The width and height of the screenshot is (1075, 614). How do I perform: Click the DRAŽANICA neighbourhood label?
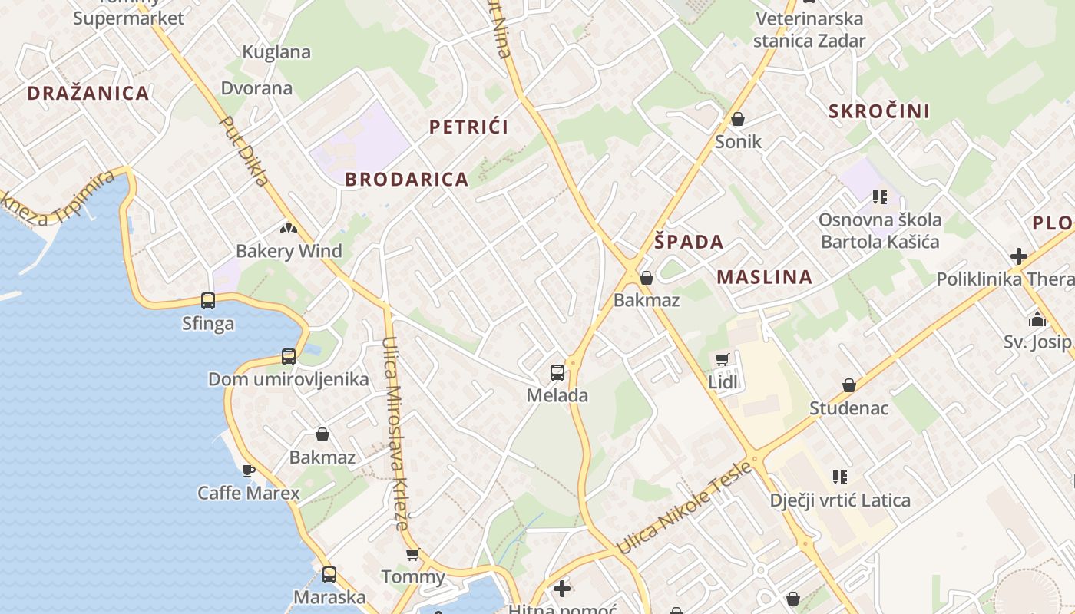click(x=88, y=94)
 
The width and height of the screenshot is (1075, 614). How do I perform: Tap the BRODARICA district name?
click(x=406, y=180)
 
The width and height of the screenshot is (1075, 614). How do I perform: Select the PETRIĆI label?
click(x=468, y=127)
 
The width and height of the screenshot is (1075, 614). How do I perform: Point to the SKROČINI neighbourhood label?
click(x=879, y=111)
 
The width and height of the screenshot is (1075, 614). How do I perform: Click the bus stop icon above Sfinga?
click(x=208, y=300)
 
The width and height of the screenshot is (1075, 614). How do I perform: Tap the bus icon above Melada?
click(x=557, y=373)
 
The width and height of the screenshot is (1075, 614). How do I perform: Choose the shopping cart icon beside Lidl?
click(x=722, y=359)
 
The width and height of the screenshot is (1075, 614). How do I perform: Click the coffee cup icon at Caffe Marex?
click(x=248, y=470)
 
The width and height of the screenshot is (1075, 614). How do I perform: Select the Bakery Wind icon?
click(x=289, y=228)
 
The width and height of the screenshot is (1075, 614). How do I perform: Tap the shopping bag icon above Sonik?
click(x=738, y=119)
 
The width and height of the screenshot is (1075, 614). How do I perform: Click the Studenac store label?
click(x=848, y=408)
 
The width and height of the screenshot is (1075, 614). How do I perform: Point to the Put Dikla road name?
click(x=245, y=151)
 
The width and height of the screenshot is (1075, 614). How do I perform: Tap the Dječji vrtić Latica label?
click(x=840, y=500)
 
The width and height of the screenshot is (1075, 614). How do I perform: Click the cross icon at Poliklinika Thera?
click(x=1019, y=256)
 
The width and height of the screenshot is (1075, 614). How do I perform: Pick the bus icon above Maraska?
click(x=329, y=574)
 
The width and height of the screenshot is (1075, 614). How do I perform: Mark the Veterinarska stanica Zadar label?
click(x=809, y=30)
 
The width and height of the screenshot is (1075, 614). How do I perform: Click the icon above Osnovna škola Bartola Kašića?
click(x=880, y=197)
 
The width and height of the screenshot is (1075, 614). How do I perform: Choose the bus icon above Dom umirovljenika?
click(x=289, y=356)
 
